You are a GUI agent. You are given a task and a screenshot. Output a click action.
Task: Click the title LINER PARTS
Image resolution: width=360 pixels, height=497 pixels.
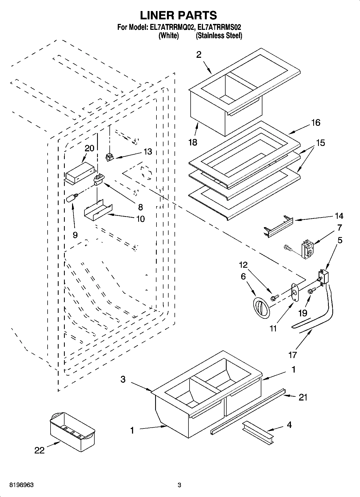click(179, 15)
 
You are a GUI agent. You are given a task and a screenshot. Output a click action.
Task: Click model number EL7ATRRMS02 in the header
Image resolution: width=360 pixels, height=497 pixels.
click(219, 27)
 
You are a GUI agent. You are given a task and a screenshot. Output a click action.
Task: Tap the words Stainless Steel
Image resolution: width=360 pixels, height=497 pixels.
click(219, 35)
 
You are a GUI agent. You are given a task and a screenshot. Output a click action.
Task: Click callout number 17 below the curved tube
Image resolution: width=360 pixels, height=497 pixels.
click(292, 355)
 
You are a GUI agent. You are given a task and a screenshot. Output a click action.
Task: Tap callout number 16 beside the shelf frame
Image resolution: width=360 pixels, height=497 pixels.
click(316, 123)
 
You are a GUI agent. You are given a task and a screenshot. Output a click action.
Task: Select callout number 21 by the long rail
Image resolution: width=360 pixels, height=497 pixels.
click(303, 397)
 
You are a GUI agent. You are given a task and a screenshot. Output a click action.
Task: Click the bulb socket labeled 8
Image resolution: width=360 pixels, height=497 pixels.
click(98, 180)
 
